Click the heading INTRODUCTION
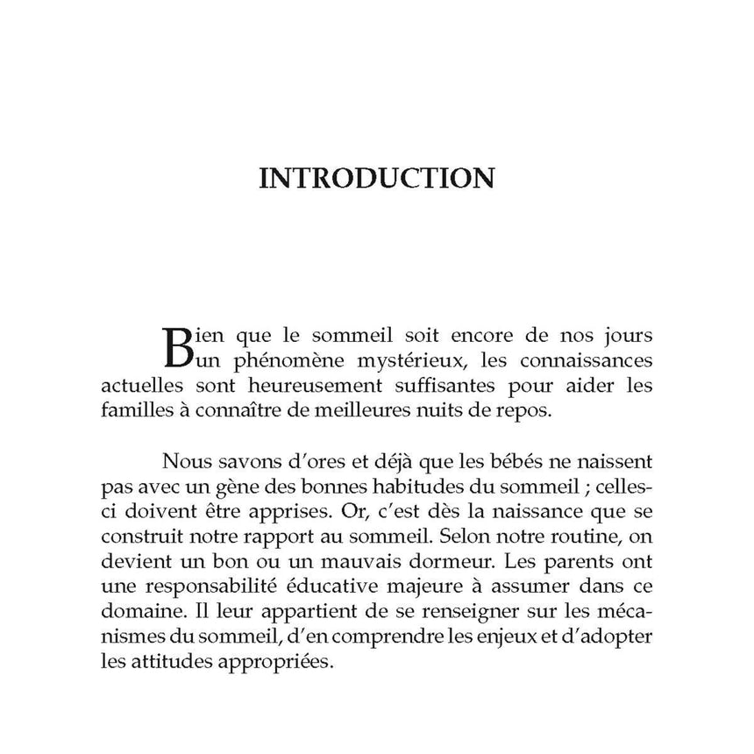click(x=377, y=178)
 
